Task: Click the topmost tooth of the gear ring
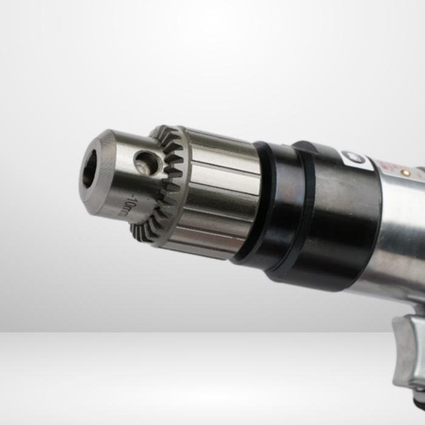tap(161, 129)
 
